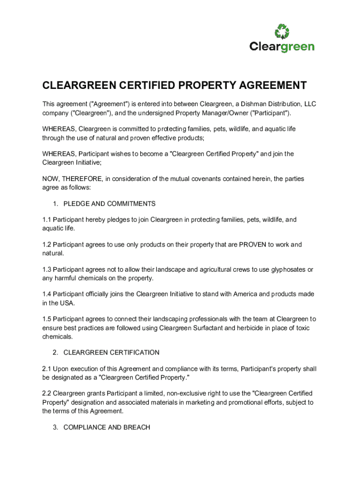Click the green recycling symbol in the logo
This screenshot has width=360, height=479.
[x=282, y=31]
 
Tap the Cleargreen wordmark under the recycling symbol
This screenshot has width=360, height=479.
[x=282, y=47]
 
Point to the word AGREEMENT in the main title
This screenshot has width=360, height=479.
[x=266, y=86]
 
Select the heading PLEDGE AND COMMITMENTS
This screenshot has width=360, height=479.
[x=109, y=204]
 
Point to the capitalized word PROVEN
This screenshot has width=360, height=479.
[x=252, y=245]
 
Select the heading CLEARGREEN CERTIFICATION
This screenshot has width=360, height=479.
[x=111, y=353]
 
